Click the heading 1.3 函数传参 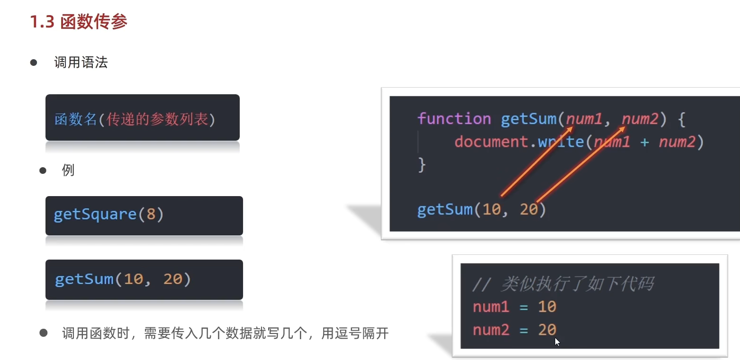(x=79, y=22)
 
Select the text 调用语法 (x=81, y=63)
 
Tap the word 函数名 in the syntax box (x=75, y=120)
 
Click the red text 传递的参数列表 (x=157, y=120)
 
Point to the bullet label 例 (x=68, y=171)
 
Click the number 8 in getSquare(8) (x=151, y=215)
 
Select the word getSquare (x=95, y=215)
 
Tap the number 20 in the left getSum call (x=172, y=279)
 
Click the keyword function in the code (x=454, y=118)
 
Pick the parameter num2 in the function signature (x=640, y=118)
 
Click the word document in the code (x=491, y=142)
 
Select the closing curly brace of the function (x=422, y=165)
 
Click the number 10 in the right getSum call (x=491, y=209)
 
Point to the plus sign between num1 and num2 (x=644, y=142)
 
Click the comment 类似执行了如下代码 (x=577, y=284)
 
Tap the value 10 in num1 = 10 (x=547, y=307)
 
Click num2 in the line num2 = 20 (x=490, y=330)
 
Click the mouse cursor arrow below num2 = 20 (x=557, y=341)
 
